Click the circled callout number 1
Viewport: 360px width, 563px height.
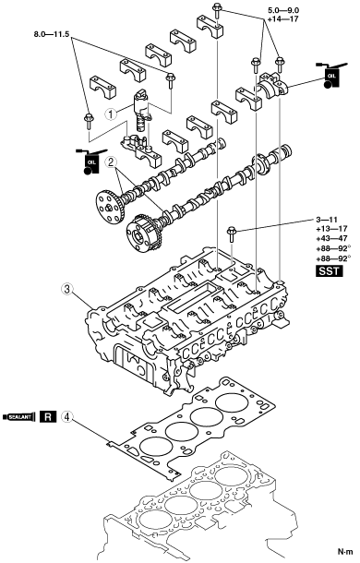click(111, 114)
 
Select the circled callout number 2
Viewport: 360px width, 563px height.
click(111, 163)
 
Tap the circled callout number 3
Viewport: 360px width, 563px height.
click(67, 289)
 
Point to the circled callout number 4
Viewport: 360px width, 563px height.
click(67, 416)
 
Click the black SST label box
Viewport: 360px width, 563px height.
click(330, 270)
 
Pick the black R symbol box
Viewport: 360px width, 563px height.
click(48, 417)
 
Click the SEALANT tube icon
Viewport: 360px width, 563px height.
click(19, 417)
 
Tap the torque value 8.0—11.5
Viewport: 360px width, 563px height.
click(52, 34)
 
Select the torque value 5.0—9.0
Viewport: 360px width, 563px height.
click(283, 11)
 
